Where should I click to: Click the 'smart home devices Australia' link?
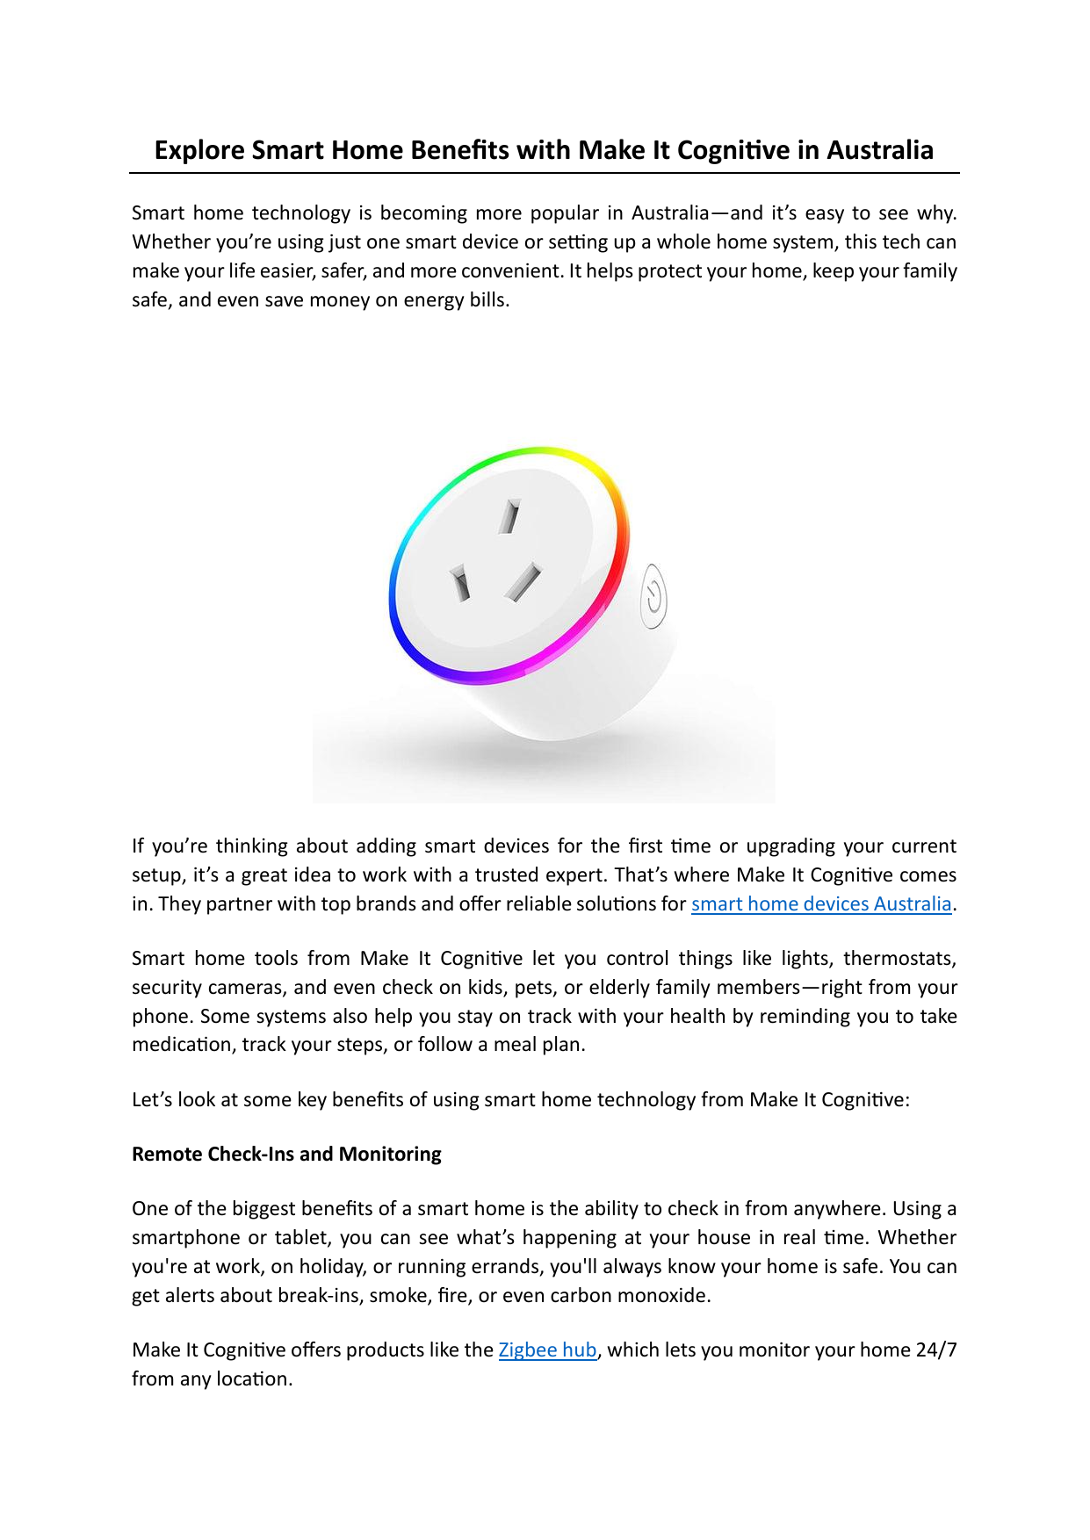821,904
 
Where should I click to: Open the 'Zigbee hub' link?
547,1350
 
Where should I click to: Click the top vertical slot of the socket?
509,516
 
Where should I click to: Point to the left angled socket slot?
459,583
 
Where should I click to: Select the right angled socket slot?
523,581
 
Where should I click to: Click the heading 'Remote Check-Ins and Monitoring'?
286,1154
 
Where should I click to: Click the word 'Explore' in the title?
199,151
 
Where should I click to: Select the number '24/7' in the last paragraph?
935,1350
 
